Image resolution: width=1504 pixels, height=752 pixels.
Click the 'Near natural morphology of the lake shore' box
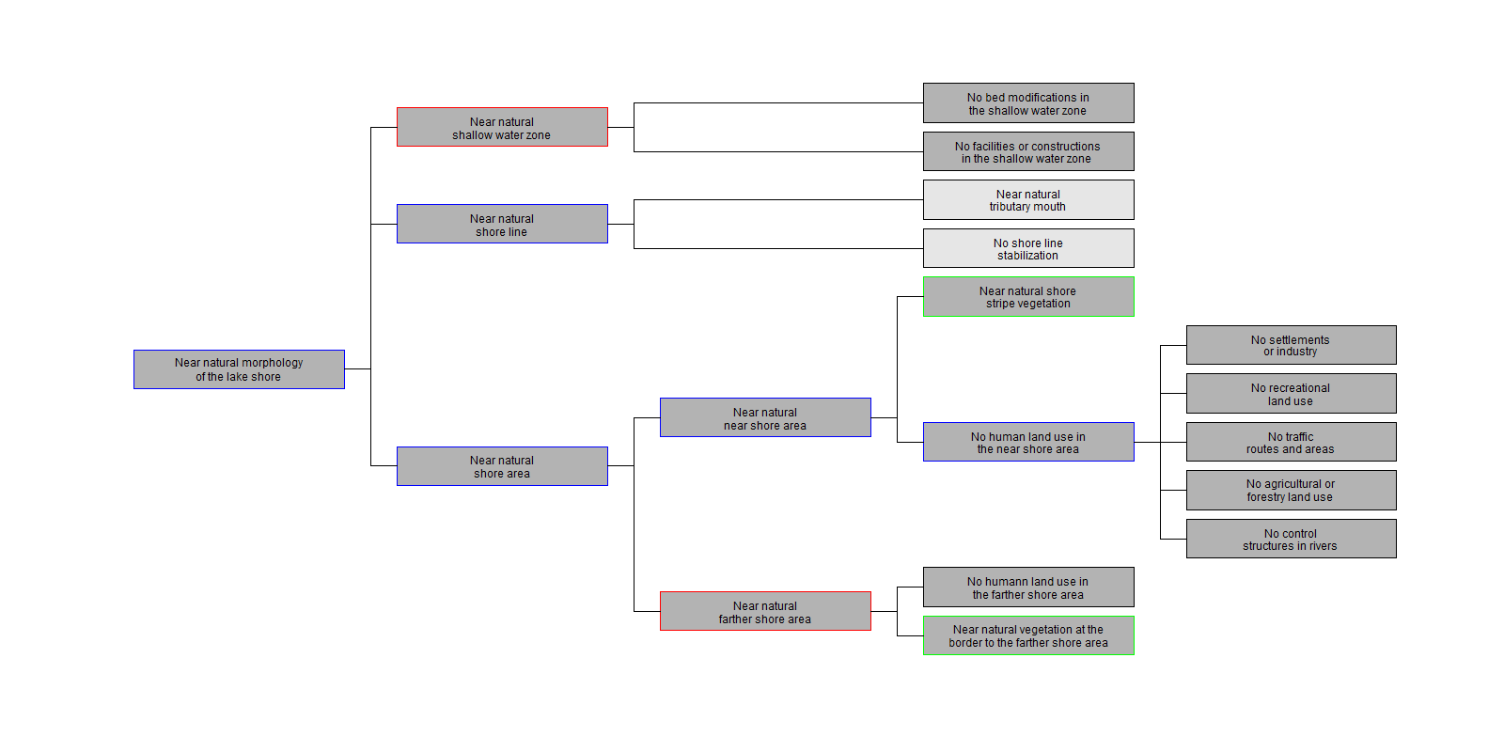click(239, 369)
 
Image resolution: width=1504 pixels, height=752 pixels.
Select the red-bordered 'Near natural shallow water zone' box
click(502, 127)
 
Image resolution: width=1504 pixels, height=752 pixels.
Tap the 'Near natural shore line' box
click(502, 224)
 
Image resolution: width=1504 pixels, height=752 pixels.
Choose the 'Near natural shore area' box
click(502, 466)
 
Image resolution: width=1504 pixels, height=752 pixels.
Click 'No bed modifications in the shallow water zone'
click(1028, 102)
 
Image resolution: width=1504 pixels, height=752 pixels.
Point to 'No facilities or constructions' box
click(1028, 151)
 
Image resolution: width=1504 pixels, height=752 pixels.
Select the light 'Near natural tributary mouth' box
click(1028, 199)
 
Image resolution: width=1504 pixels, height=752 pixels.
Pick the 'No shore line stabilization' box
click(1028, 248)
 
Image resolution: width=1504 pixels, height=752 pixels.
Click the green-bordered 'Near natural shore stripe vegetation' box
click(1028, 296)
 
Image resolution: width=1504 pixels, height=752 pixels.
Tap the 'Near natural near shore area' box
click(765, 417)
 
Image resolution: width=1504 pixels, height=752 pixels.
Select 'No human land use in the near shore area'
click(1028, 442)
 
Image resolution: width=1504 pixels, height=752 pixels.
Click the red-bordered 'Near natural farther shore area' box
click(765, 611)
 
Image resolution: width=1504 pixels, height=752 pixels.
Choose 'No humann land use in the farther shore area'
click(1028, 587)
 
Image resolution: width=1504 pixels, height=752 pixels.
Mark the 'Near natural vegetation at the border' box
click(1028, 635)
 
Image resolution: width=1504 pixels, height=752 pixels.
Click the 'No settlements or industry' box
click(1291, 345)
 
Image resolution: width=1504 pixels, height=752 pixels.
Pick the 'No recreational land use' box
click(1291, 393)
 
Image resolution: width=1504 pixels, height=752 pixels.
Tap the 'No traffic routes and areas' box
click(1291, 442)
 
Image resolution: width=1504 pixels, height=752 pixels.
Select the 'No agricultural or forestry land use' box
click(1291, 490)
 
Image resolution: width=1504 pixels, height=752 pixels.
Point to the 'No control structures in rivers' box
click(1291, 539)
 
